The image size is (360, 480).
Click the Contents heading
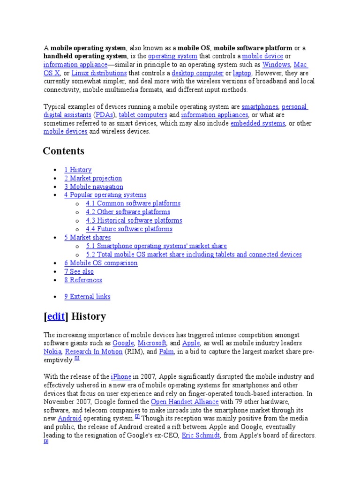(63, 151)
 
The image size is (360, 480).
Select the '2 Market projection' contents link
(93, 178)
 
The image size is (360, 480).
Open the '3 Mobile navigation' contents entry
(94, 187)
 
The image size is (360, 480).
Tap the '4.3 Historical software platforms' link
(134, 220)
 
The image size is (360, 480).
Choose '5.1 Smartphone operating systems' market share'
(156, 246)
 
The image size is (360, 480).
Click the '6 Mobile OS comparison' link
(101, 263)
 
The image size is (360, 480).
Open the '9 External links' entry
(87, 297)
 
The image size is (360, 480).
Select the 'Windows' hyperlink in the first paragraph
(276, 65)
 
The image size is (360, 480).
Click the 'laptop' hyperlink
(242, 73)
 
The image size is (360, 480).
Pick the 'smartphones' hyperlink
(260, 106)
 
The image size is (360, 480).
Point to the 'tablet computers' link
(143, 115)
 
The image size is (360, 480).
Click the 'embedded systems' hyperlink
(258, 123)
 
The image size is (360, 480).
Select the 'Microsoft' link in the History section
(152, 343)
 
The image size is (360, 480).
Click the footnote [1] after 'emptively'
(77, 359)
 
